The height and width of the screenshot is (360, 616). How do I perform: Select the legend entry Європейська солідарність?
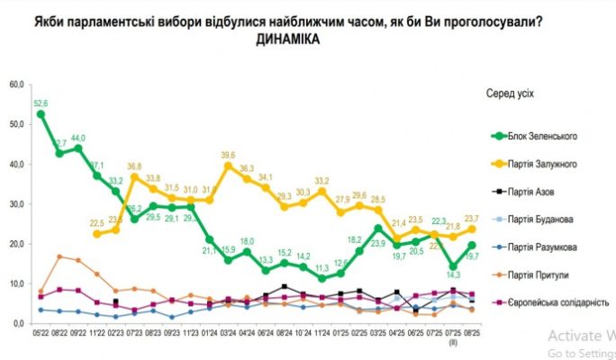[x=560, y=303]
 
